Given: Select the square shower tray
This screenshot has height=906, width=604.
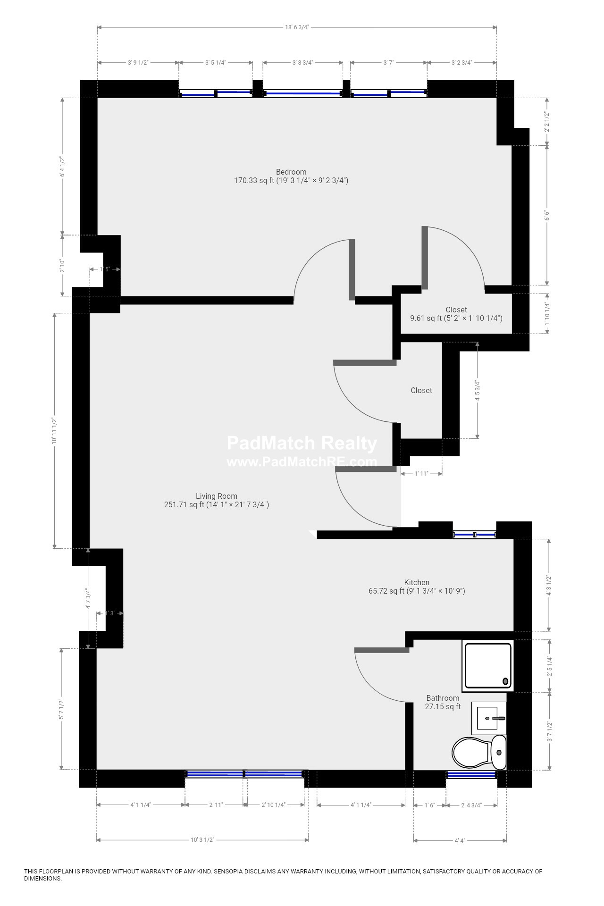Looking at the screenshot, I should pyautogui.click(x=487, y=665).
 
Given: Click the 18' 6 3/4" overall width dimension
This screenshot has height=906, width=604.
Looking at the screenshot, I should pyautogui.click(x=297, y=27).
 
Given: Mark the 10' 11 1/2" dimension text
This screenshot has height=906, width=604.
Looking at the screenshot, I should pyautogui.click(x=55, y=431).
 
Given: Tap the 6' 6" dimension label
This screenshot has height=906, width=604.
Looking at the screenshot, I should pyautogui.click(x=547, y=215).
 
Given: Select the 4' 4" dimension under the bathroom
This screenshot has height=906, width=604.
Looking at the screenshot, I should pyautogui.click(x=460, y=840).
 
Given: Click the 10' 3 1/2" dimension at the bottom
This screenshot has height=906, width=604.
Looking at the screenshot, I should pyautogui.click(x=202, y=840).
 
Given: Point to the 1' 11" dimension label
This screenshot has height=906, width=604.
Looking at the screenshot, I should pyautogui.click(x=421, y=473).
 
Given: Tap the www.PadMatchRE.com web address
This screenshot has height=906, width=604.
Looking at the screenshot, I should pyautogui.click(x=302, y=461).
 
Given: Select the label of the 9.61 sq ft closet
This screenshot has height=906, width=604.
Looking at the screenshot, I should pyautogui.click(x=456, y=314).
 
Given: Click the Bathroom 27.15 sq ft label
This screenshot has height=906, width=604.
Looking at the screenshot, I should pyautogui.click(x=443, y=702).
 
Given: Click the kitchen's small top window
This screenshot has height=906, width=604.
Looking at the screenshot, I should pyautogui.click(x=474, y=535).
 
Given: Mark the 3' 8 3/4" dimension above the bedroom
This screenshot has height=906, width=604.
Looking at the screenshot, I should pyautogui.click(x=302, y=62).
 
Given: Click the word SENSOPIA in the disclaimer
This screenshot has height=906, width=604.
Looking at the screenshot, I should pyautogui.click(x=229, y=872).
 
